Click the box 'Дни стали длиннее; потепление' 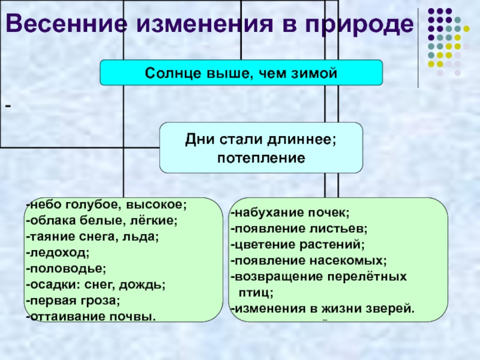coord(261,148)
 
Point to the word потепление coord(261,158)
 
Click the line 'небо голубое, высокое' coord(108,205)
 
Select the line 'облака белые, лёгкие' coord(103,221)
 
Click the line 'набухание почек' coord(292,212)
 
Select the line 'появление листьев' coord(300,229)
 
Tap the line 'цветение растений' coord(299,245)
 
